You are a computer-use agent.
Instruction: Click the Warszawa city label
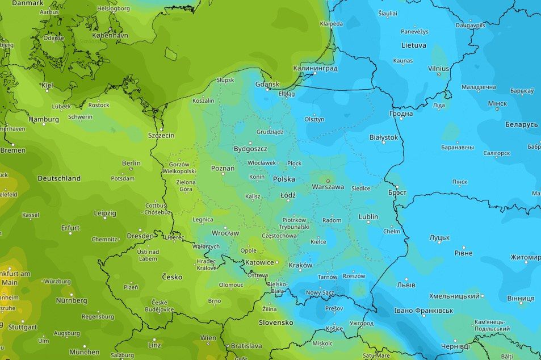pyautogui.click(x=328, y=186)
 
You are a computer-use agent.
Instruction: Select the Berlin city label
pyautogui.click(x=131, y=163)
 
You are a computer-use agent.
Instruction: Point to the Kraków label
pyautogui.click(x=300, y=265)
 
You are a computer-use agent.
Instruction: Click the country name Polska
pyautogui.click(x=284, y=178)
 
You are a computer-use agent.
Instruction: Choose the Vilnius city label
pyautogui.click(x=438, y=68)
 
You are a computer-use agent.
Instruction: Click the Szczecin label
pyautogui.click(x=161, y=135)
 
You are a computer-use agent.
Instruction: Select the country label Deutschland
pyautogui.click(x=59, y=178)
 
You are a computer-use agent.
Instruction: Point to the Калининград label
pyautogui.click(x=315, y=68)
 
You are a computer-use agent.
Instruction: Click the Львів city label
pyautogui.click(x=405, y=284)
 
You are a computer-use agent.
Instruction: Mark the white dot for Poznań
pyautogui.click(x=223, y=174)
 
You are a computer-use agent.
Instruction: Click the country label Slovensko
pyautogui.click(x=275, y=322)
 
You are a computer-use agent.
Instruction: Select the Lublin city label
pyautogui.click(x=368, y=217)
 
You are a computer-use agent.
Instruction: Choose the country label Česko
pyautogui.click(x=172, y=277)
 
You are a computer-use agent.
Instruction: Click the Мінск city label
pyautogui.click(x=497, y=104)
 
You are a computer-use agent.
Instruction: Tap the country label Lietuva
pyautogui.click(x=413, y=45)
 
